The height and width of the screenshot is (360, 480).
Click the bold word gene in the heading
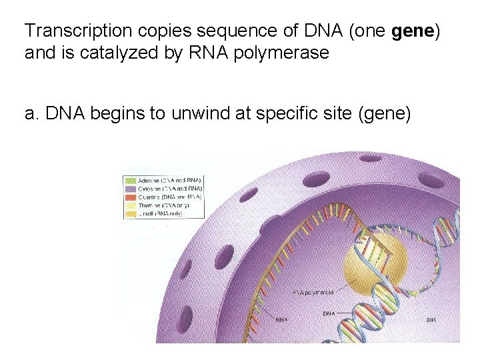(414, 31)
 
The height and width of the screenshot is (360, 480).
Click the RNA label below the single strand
(281, 320)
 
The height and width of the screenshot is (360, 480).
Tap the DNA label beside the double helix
(329, 313)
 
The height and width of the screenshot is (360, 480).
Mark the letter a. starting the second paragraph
(31, 115)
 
